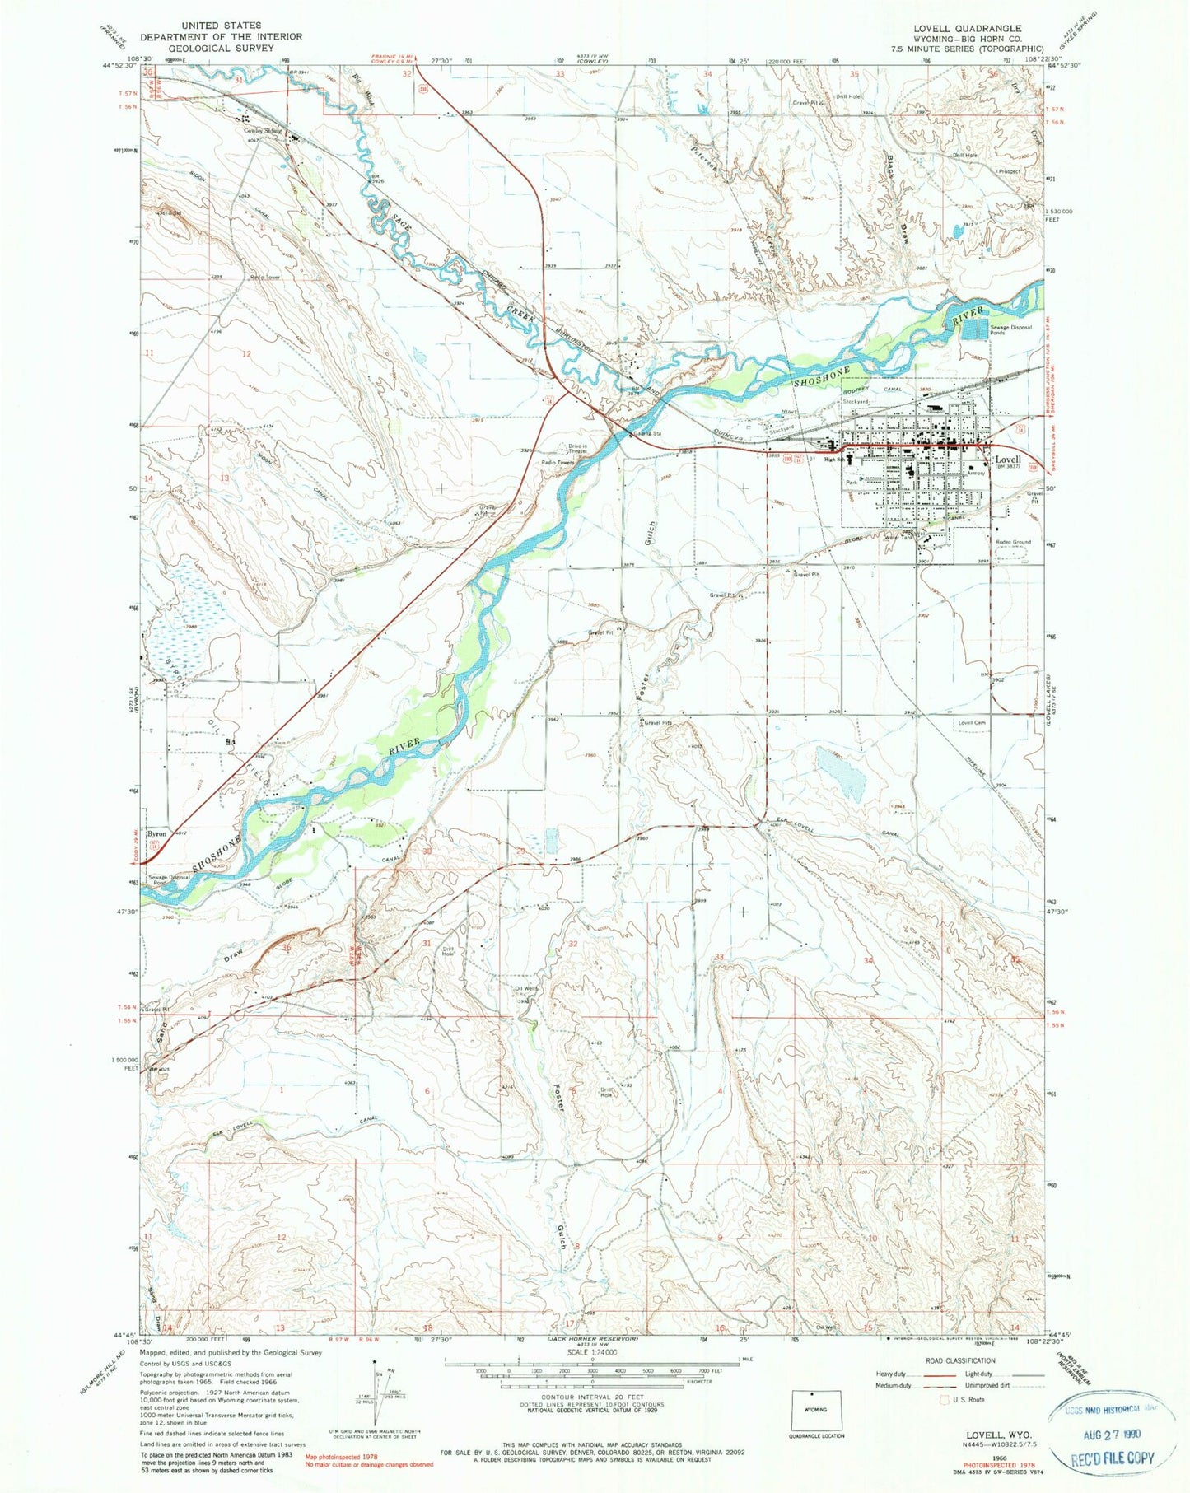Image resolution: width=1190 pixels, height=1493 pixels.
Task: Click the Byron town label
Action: (x=156, y=834)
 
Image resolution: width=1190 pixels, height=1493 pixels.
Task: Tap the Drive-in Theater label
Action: (x=577, y=449)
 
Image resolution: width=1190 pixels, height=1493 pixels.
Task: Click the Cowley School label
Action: (x=262, y=130)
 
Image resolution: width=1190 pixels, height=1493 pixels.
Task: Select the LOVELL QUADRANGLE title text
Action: (x=967, y=28)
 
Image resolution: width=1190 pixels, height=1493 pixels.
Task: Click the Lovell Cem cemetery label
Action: (x=972, y=722)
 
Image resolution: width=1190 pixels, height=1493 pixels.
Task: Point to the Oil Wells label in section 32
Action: (x=525, y=989)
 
